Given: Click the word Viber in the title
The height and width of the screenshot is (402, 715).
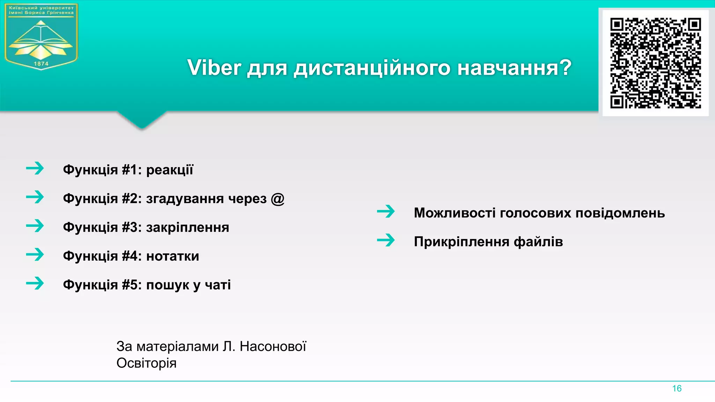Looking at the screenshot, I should coord(214,67).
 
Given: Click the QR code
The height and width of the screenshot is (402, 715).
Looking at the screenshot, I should coord(655,63).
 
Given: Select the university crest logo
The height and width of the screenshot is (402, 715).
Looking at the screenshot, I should coord(41,37).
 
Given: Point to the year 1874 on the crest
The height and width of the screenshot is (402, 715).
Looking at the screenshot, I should coord(41,64).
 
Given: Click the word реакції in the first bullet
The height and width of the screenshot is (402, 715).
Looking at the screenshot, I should coord(170,170).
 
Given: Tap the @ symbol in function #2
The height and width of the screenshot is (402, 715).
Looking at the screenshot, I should coord(278,199).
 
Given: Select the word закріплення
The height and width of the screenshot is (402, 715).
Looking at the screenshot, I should coord(187,228).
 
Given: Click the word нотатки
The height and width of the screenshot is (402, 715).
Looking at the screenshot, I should coord(172,256).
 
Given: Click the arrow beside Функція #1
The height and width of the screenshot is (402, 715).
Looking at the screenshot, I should coord(35,168).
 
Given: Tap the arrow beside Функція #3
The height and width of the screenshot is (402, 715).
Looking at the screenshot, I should coord(35,226).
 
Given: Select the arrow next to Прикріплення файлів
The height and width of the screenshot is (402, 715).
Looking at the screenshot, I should coord(386,240).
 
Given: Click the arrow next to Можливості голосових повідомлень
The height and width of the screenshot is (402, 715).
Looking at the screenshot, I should coord(386,211).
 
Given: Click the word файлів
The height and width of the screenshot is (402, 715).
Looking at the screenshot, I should coord(538,242).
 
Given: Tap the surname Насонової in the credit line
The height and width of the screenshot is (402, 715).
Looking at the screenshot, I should coord(273,347).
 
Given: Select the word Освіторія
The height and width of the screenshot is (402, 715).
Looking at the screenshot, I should coord(146,363).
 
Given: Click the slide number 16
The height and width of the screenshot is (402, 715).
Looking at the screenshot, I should coord(677,388).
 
